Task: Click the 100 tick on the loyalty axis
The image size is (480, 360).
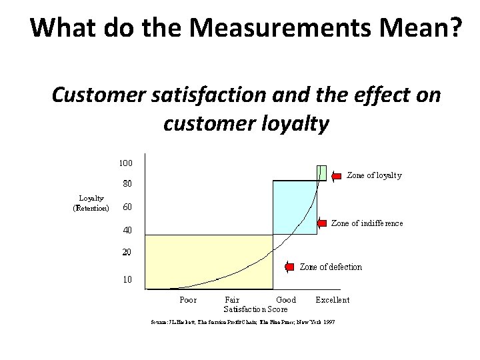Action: coord(126,163)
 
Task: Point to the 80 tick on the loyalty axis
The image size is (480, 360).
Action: coord(126,183)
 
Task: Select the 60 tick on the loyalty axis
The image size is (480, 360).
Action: coord(126,207)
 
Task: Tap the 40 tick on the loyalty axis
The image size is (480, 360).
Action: coord(126,230)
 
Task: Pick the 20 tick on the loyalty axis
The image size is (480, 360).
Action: coord(126,253)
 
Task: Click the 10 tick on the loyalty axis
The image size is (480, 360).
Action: coord(126,279)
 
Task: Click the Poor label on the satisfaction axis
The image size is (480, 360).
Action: coord(188,300)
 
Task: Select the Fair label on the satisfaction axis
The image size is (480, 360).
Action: coord(232,300)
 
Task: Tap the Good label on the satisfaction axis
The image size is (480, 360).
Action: coord(286,300)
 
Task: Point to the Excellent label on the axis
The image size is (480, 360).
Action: coord(332,300)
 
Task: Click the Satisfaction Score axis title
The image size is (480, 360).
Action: coord(255,309)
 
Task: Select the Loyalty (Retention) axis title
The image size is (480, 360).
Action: coord(91,203)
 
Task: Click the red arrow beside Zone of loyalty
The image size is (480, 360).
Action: coord(337,175)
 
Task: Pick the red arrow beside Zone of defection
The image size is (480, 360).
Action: coord(289,267)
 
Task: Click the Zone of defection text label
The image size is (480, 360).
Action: coord(331,267)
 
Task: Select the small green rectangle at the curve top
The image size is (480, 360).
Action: coord(321,172)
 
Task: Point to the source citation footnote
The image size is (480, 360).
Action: coord(243,322)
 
